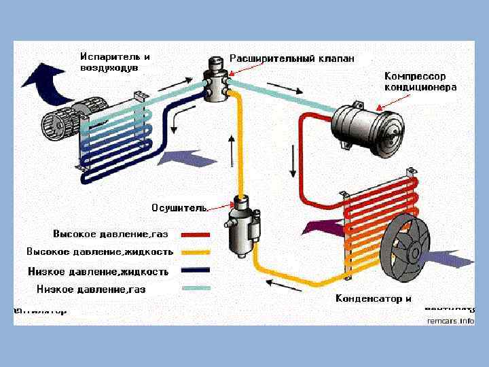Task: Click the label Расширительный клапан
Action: click(x=291, y=58)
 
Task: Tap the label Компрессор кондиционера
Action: click(x=420, y=82)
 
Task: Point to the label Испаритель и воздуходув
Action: click(x=115, y=63)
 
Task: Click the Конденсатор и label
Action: click(x=374, y=298)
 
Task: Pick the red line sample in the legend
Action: click(x=195, y=234)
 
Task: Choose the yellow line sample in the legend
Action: click(x=195, y=252)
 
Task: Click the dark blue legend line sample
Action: click(x=195, y=270)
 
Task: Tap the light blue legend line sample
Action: click(x=195, y=288)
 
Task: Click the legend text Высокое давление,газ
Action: click(x=110, y=234)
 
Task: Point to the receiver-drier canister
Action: click(x=240, y=228)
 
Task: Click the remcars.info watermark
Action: click(x=450, y=320)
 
